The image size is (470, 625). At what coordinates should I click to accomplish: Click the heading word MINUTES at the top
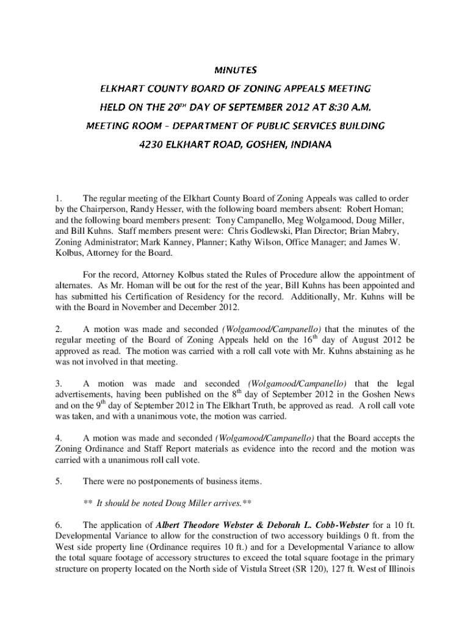pos(234,71)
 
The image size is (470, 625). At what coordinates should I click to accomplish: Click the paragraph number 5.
pos(58,482)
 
